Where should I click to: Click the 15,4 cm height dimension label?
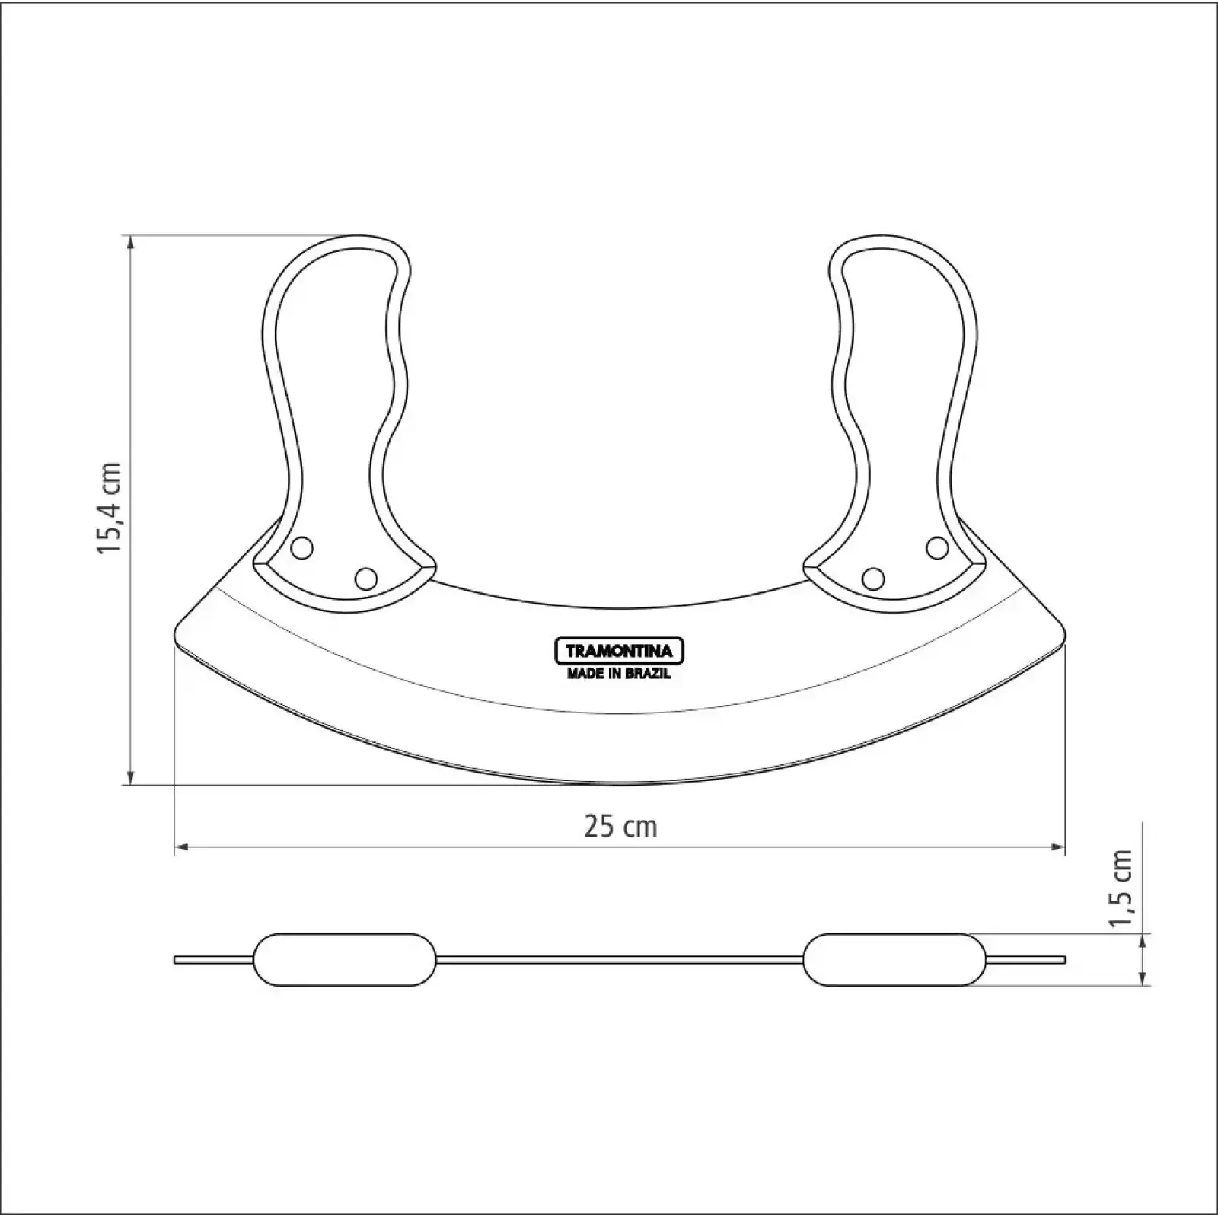pos(110,508)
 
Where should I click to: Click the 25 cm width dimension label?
pos(620,826)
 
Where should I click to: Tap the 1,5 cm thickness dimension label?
pos(1122,888)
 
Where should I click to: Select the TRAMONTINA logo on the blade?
pos(618,651)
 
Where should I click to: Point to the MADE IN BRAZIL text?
pos(618,674)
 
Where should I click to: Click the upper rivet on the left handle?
pos(302,547)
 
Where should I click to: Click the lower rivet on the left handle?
pos(366,579)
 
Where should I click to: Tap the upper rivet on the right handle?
pos(937,547)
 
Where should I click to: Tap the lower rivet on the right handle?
pos(873,579)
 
